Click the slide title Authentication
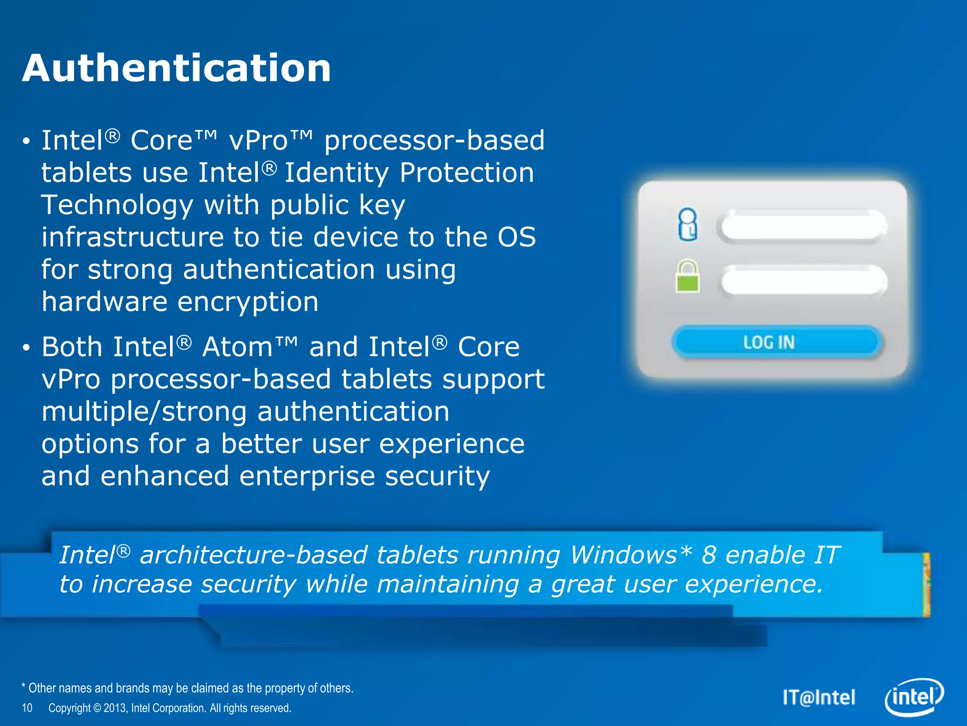click(176, 68)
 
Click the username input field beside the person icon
click(803, 226)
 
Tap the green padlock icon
click(687, 277)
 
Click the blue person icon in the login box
click(687, 224)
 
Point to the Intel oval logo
click(914, 697)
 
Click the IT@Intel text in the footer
click(819, 698)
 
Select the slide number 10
click(27, 708)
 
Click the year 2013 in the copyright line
click(115, 708)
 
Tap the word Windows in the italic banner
click(623, 555)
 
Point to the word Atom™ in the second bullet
click(250, 347)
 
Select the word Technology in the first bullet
click(117, 205)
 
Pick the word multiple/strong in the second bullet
click(144, 412)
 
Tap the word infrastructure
click(132, 237)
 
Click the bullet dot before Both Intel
click(26, 348)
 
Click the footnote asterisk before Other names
click(24, 687)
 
